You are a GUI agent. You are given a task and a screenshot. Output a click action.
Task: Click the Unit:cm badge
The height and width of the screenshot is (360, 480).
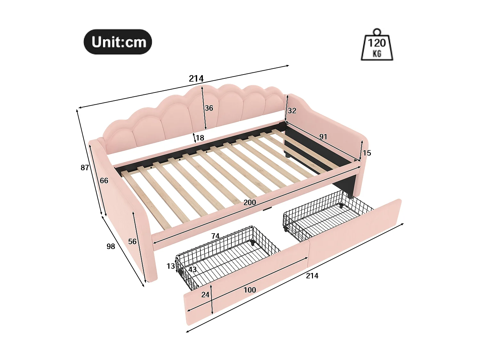tap(118, 42)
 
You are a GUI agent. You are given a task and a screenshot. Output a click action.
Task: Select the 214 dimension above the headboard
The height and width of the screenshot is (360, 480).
tap(196, 78)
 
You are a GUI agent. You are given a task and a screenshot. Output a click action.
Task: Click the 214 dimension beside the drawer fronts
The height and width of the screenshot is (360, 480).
tap(312, 276)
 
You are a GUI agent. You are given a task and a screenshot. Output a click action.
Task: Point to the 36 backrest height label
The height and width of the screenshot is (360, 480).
tap(209, 108)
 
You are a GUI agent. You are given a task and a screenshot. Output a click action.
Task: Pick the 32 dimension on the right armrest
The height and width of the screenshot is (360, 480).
tap(292, 111)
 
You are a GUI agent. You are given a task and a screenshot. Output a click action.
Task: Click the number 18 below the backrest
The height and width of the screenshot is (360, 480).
tap(200, 138)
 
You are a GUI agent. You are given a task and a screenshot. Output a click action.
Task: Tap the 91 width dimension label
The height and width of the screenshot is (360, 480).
tap(323, 137)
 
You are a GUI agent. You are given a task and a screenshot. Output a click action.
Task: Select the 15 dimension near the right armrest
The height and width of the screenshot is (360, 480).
tap(367, 153)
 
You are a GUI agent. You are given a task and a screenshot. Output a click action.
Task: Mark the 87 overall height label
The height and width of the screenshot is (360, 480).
tap(85, 168)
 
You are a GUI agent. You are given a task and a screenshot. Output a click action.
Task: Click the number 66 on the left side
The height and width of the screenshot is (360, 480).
tap(104, 181)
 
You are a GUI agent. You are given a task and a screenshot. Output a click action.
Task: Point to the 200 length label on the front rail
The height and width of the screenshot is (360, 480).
tap(250, 203)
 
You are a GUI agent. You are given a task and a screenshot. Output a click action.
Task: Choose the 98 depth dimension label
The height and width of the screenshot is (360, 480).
tap(111, 246)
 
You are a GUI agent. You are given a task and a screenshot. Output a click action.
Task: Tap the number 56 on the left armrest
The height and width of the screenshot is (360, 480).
tap(132, 242)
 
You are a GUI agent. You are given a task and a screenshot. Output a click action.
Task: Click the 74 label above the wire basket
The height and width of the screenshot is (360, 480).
tap(215, 236)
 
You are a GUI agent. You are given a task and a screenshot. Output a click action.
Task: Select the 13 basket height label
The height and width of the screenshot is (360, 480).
tap(171, 266)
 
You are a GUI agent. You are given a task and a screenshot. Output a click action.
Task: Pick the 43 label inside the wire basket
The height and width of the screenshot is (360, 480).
tap(192, 269)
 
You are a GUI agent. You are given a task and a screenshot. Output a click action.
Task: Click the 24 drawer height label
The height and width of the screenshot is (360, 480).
tap(205, 295)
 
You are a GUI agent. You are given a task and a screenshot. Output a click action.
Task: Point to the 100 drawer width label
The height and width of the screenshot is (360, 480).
tap(250, 290)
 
